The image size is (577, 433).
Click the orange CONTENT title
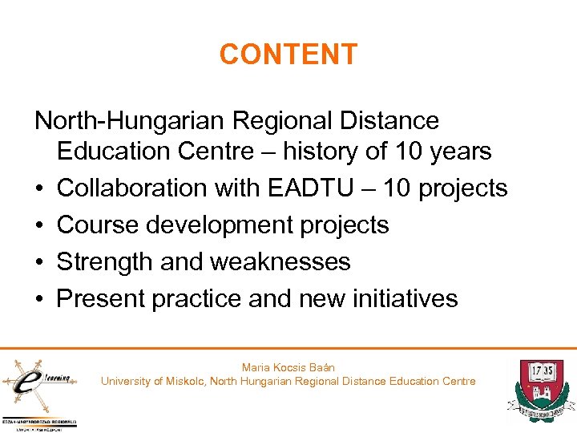pos(288,55)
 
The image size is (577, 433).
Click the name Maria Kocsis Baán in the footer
pos(288,367)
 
